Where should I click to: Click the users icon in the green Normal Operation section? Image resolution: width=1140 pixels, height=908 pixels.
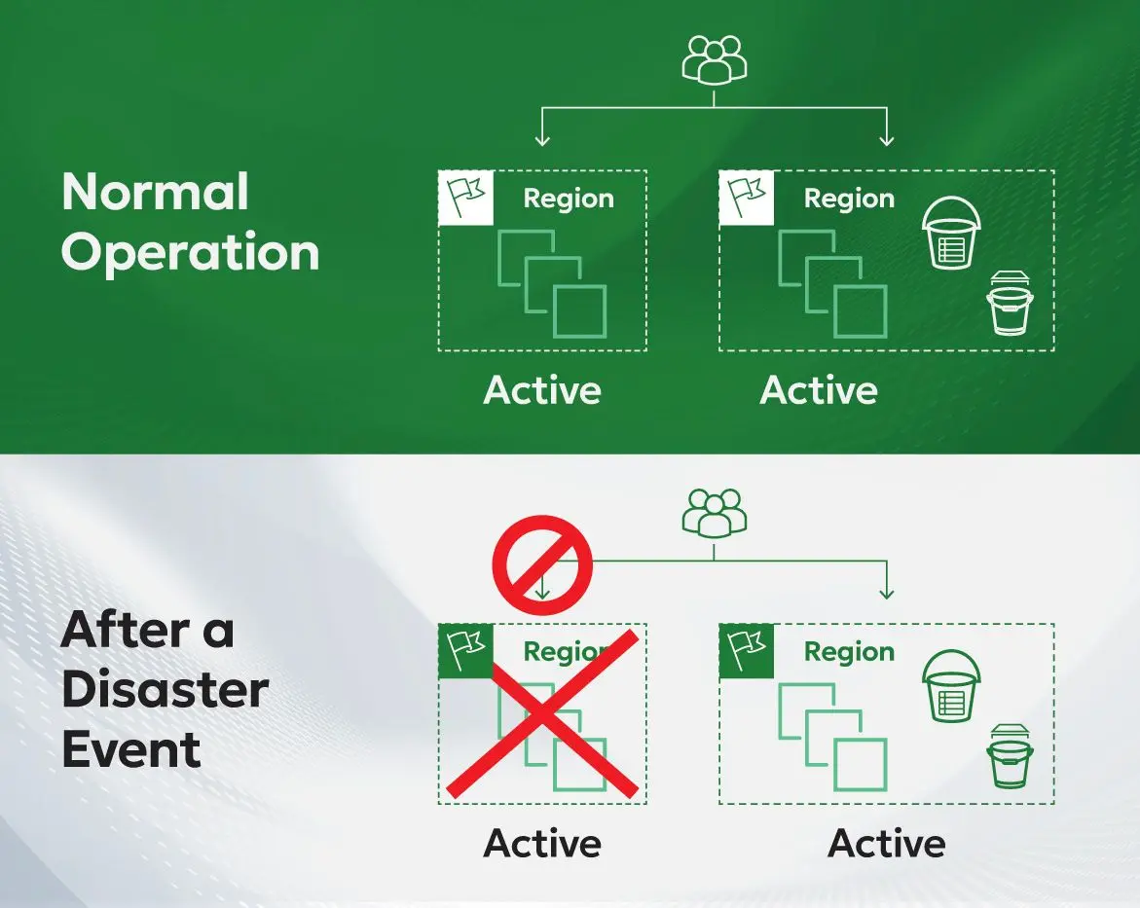click(714, 59)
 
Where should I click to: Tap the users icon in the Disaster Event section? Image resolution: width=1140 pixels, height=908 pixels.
click(714, 512)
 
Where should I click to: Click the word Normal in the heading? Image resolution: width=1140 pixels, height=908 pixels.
click(156, 192)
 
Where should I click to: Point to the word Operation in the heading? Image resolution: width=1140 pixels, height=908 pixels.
click(191, 251)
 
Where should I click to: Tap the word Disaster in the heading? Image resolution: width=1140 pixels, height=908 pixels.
click(165, 690)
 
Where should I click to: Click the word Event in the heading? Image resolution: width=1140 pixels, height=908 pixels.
click(131, 750)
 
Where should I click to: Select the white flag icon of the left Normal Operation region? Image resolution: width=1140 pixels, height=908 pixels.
click(465, 198)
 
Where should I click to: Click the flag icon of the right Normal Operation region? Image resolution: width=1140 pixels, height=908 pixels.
click(747, 198)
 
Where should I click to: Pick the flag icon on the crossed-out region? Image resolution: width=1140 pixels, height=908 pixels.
click(465, 650)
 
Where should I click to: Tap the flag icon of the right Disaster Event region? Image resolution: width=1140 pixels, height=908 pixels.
click(747, 650)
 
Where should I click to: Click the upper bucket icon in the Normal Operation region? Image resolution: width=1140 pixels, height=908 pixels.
click(951, 234)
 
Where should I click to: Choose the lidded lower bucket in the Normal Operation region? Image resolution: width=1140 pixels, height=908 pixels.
click(1009, 304)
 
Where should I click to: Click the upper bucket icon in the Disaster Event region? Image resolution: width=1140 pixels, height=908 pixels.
click(951, 687)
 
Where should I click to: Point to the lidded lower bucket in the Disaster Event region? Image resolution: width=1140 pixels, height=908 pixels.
click(1009, 756)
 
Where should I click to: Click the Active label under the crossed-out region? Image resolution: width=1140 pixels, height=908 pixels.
click(542, 843)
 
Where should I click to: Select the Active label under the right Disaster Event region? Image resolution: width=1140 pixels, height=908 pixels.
click(886, 843)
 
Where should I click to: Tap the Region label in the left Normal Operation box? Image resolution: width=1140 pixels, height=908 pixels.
click(569, 199)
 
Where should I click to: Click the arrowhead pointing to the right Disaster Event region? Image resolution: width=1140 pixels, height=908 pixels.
click(886, 593)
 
